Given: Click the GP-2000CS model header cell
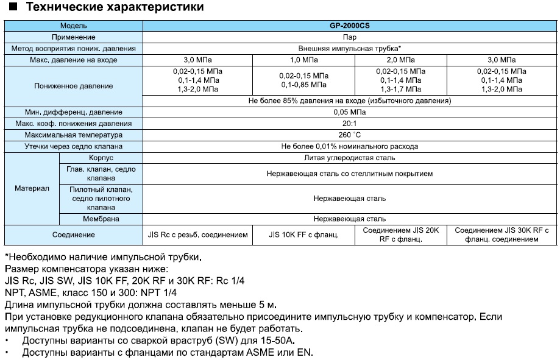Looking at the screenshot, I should (x=350, y=26).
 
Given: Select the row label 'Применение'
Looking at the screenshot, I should (x=73, y=37).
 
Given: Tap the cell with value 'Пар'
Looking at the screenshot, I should (x=350, y=37).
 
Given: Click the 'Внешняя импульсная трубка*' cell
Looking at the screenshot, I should (x=350, y=49).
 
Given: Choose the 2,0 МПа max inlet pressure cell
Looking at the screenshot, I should (x=400, y=60).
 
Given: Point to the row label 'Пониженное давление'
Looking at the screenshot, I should (x=73, y=86).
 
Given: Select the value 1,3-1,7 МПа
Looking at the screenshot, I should (x=400, y=89).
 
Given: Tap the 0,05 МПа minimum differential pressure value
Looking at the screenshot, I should (x=350, y=112).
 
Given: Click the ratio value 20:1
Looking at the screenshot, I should (x=350, y=124).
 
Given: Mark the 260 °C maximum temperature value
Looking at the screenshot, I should (x=350, y=135).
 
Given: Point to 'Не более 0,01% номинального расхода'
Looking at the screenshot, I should (x=350, y=147).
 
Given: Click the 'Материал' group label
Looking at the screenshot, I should (x=32, y=189).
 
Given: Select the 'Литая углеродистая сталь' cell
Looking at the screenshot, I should (x=350, y=158).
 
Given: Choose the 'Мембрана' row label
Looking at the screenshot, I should (x=101, y=219).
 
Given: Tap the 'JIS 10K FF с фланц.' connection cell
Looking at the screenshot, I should (x=303, y=235).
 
